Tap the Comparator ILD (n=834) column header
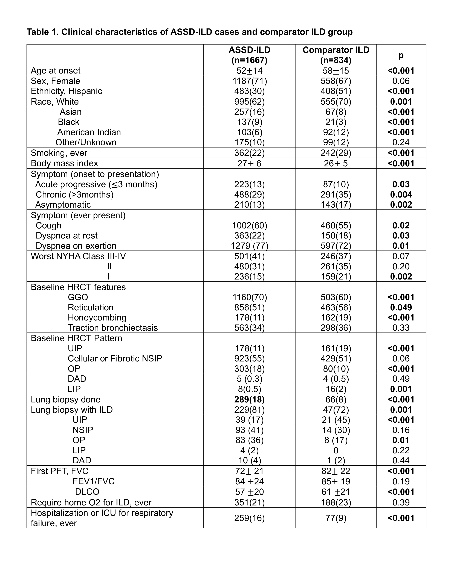pos(336,55)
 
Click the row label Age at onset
pos(56,71)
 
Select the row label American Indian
pos(89,132)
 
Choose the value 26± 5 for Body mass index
pos(336,163)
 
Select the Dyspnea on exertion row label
pos(76,246)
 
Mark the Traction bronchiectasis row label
pos(113,328)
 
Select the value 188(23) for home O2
pos(336,502)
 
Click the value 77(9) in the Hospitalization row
pos(336,518)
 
